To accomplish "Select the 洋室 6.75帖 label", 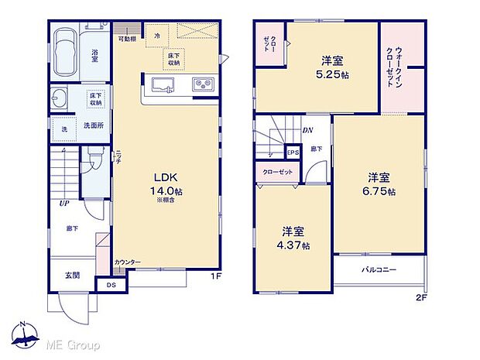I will (381, 183).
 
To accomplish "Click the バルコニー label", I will (379, 271).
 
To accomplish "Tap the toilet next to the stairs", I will (94, 159).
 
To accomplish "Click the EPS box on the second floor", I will (293, 153).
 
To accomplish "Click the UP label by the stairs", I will (64, 204).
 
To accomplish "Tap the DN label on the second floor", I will (307, 131).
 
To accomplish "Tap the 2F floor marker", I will (420, 297).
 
